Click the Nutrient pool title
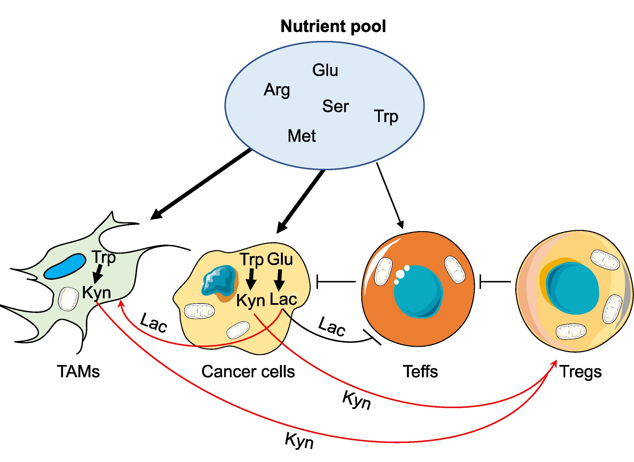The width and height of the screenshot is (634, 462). [333, 26]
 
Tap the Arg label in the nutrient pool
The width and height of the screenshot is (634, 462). [277, 90]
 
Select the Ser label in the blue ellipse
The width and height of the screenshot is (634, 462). [336, 106]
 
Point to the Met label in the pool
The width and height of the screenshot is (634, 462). [302, 136]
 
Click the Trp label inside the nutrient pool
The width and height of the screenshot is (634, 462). [386, 117]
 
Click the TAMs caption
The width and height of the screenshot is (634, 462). [78, 372]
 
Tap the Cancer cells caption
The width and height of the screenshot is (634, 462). [248, 372]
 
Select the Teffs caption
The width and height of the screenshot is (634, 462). [420, 372]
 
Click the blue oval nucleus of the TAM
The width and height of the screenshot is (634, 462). [65, 267]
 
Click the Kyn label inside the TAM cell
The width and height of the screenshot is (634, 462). [96, 293]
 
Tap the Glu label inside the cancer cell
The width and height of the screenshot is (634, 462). [280, 259]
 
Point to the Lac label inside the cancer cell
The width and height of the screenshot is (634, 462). [283, 299]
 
